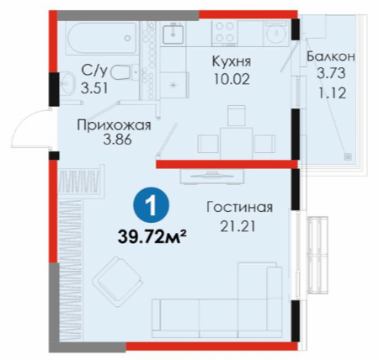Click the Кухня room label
(231, 61)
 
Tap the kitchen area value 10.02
(232, 79)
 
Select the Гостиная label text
(239, 207)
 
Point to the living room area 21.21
(238, 226)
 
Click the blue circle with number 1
(152, 206)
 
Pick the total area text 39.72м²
(152, 237)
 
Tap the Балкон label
(331, 56)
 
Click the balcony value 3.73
(331, 73)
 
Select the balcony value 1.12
(332, 93)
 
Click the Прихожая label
(114, 125)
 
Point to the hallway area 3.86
(117, 140)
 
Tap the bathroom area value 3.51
(94, 88)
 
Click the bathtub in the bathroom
(102, 38)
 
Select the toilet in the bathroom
(125, 72)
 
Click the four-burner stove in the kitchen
(225, 32)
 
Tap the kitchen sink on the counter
(173, 34)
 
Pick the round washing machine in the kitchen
(276, 33)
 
